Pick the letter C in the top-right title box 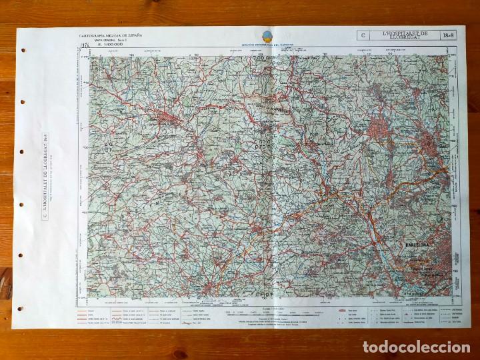[x=363, y=35]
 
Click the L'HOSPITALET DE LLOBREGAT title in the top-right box [x=404, y=35]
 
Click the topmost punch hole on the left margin [x=24, y=50]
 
